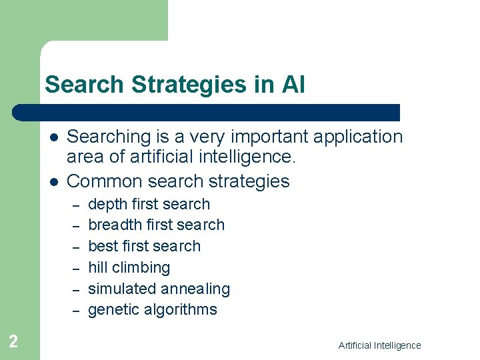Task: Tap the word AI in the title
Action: (293, 85)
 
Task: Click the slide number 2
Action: (13, 342)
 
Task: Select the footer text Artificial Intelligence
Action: (379, 345)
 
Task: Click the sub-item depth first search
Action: (149, 204)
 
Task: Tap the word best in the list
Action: (103, 246)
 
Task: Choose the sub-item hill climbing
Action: (129, 267)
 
